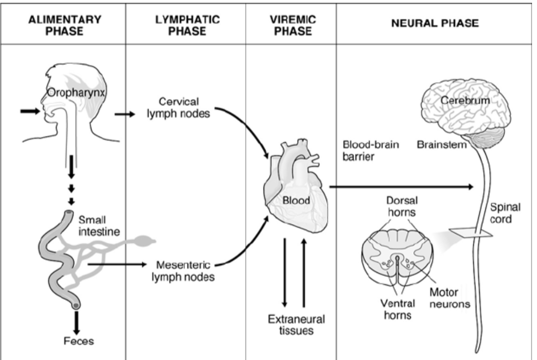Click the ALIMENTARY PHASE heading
click(65, 25)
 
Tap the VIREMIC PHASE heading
click(291, 25)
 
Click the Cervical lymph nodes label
click(180, 108)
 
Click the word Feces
click(78, 341)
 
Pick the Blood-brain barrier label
click(364, 151)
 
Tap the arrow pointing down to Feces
click(77, 322)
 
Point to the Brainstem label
click(442, 145)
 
